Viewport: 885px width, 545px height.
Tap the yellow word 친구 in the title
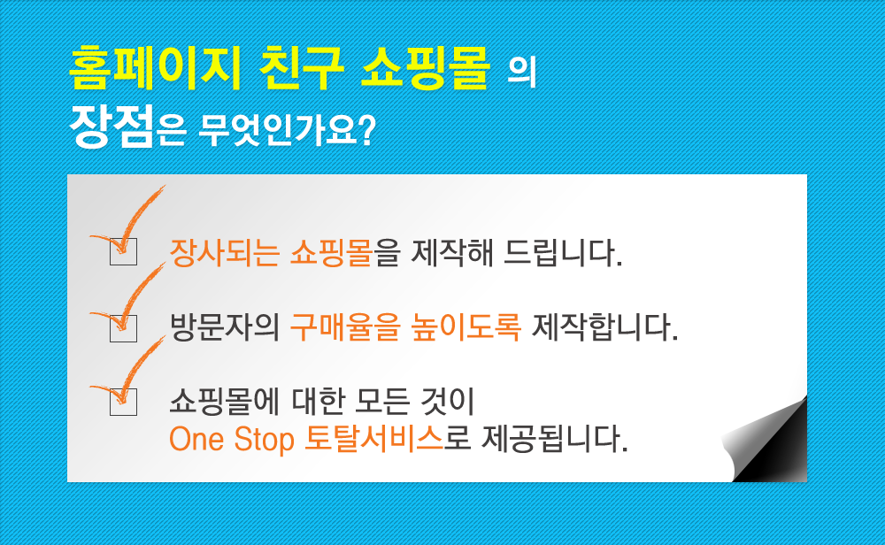pyautogui.click(x=301, y=68)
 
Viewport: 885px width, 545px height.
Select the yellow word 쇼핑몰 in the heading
pyautogui.click(x=425, y=68)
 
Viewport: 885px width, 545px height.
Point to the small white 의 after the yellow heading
pyautogui.click(x=521, y=71)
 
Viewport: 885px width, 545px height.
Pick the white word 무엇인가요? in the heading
pyautogui.click(x=287, y=130)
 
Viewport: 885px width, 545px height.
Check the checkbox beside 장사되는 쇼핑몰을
pyautogui.click(x=123, y=251)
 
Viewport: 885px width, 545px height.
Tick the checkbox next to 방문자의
pyautogui.click(x=123, y=328)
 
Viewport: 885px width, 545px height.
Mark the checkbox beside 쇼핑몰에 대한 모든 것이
pyautogui.click(x=123, y=402)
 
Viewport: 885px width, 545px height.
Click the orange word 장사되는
pyautogui.click(x=225, y=252)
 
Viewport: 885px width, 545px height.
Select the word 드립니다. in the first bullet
pyautogui.click(x=563, y=252)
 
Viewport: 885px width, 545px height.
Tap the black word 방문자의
pyautogui.click(x=225, y=326)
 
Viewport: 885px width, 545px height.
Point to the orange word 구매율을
pyautogui.click(x=345, y=326)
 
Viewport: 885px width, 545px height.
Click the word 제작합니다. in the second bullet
pyautogui.click(x=605, y=326)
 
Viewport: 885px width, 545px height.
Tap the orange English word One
pyautogui.click(x=196, y=439)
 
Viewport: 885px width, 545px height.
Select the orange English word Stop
pyautogui.click(x=264, y=440)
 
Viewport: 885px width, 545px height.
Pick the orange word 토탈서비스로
pyautogui.click(x=388, y=438)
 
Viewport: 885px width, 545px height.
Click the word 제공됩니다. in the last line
pyautogui.click(x=554, y=438)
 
